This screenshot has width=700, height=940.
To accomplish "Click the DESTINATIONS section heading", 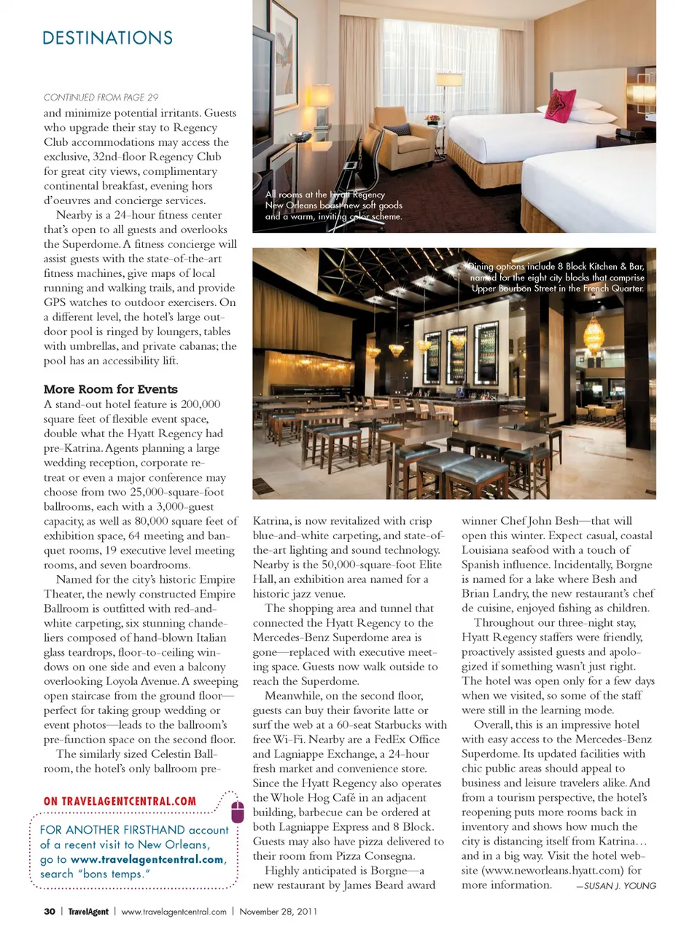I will point(107,38).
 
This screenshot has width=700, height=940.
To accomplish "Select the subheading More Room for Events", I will point(110,389).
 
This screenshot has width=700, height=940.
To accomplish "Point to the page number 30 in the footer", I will point(50,912).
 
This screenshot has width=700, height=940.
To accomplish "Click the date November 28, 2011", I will point(278,912).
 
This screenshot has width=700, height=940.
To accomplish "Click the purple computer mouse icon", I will point(237,811).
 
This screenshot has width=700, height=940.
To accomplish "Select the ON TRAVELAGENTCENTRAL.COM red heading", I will point(120,802).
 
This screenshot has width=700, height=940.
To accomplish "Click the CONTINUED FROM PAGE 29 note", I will point(101,97).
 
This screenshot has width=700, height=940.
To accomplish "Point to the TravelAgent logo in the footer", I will point(88,912).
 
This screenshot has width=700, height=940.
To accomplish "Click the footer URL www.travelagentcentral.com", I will point(174,912).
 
